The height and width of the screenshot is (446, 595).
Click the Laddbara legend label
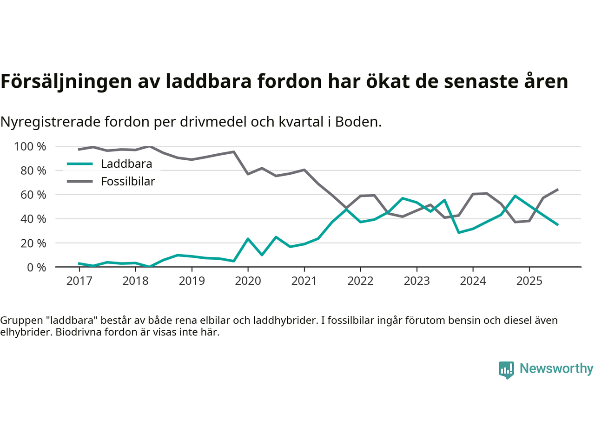(126, 164)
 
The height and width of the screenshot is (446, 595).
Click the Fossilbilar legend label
(128, 182)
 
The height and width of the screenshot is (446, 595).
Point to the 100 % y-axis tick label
(30, 147)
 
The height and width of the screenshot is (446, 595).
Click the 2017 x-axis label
(79, 281)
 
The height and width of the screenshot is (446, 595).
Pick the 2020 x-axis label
(248, 281)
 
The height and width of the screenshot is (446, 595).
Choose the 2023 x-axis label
(416, 281)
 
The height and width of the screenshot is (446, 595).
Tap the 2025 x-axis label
(529, 281)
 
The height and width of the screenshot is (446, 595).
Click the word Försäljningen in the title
(66, 81)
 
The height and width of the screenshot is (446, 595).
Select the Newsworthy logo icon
(506, 370)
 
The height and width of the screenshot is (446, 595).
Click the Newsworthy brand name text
(556, 369)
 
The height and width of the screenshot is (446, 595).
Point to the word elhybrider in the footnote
(25, 332)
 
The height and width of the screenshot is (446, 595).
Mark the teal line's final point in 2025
(558, 225)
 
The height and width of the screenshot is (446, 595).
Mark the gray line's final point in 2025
(558, 189)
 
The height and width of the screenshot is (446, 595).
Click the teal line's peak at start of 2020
(248, 239)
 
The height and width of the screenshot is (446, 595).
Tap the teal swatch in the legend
(80, 164)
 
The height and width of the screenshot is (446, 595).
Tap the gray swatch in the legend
(80, 182)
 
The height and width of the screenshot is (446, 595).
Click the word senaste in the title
(478, 81)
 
